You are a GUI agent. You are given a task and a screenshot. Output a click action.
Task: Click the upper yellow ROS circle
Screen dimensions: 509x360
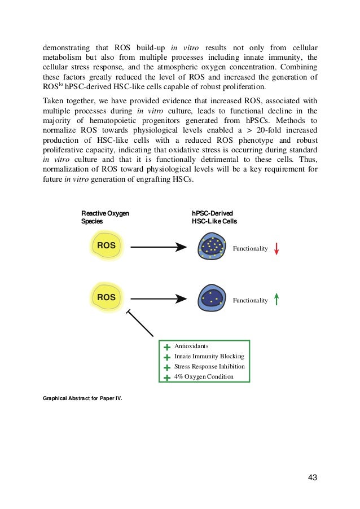coord(106,247)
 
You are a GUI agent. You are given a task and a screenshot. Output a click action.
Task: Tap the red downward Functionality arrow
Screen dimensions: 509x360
coord(276,248)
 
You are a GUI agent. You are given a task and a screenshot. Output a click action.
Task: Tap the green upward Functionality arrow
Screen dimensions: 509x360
coord(276,300)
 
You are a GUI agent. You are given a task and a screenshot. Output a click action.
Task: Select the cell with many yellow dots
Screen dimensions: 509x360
coord(213,247)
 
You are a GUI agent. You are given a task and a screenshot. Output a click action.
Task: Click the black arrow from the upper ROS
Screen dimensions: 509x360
coord(158,247)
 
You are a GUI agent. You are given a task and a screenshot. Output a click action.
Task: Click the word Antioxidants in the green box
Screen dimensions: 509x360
coord(191,346)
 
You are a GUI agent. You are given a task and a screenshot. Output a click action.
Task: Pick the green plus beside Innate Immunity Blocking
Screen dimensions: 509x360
coord(167,357)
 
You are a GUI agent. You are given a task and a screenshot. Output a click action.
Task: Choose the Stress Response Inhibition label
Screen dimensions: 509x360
coord(209,366)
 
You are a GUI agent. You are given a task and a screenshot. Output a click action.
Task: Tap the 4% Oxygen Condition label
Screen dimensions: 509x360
coord(204,376)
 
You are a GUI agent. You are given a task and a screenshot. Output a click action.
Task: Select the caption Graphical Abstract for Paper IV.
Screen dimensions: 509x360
coord(82,398)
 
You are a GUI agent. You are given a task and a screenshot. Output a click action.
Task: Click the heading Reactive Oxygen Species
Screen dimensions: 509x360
coord(106,217)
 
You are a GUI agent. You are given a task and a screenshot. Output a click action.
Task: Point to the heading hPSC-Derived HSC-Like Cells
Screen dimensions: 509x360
coord(214,217)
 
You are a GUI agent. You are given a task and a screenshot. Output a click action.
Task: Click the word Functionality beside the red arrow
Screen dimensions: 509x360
coord(250,248)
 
